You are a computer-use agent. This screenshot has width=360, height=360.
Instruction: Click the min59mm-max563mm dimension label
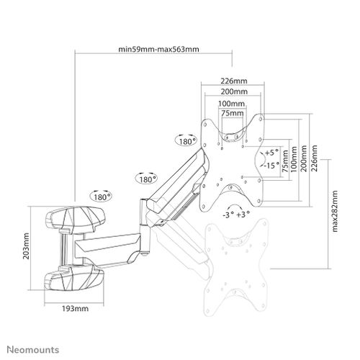point(158,49)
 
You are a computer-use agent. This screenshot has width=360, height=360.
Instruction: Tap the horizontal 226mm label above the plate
point(234,81)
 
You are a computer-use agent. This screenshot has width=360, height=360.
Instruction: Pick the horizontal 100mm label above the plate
point(231,104)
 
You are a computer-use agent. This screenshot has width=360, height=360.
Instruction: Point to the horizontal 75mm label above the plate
point(233,113)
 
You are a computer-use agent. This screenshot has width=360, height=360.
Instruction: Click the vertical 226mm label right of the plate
point(314,158)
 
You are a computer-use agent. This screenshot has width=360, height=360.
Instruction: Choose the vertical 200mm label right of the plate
point(304,158)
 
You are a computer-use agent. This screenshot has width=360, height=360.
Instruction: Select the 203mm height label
point(26,246)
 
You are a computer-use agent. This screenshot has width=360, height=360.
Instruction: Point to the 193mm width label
point(76,308)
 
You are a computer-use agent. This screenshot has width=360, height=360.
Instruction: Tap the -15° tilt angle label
point(272,165)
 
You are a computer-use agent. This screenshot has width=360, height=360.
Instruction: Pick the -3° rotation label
point(228,215)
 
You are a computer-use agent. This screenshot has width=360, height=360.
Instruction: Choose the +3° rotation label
point(243,215)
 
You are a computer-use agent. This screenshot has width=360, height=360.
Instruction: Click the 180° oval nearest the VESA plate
point(187,142)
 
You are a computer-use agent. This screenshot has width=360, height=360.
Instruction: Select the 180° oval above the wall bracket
point(102,197)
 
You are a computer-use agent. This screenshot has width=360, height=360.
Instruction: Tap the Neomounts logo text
point(32,349)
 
